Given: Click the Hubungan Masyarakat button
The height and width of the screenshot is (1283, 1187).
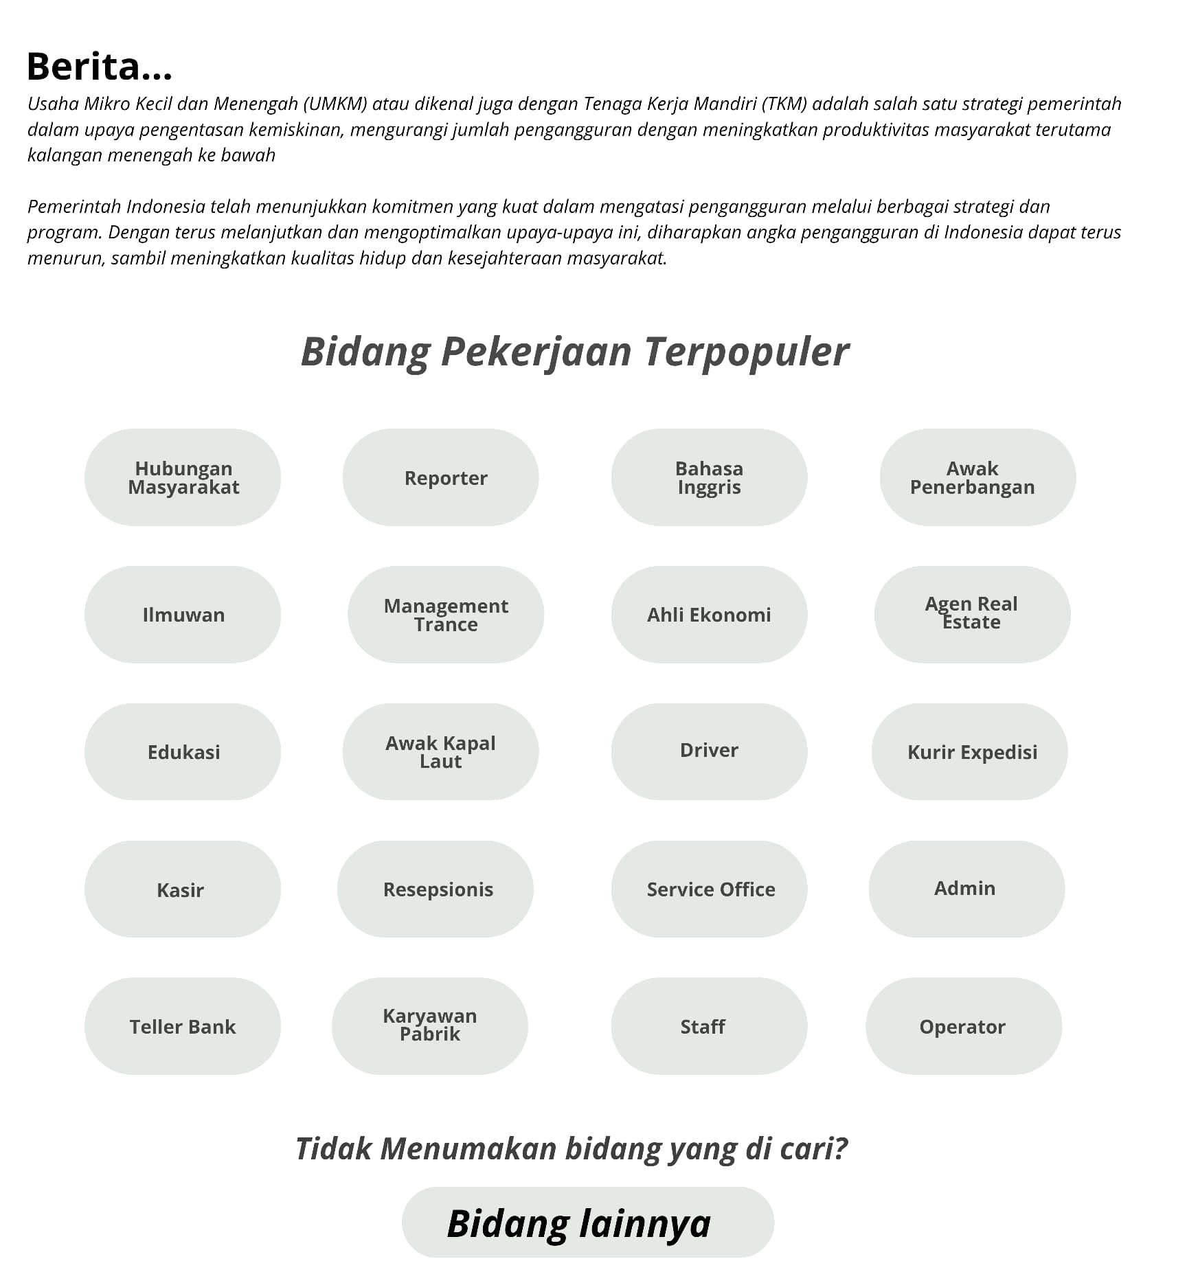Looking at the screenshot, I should click(183, 477).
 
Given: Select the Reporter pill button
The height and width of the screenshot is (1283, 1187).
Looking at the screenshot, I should click(440, 477).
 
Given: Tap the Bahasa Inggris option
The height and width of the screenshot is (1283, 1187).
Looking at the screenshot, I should click(709, 477).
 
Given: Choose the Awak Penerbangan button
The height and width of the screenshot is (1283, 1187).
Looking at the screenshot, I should click(977, 477).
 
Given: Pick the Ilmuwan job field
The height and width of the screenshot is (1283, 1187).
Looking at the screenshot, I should click(183, 615).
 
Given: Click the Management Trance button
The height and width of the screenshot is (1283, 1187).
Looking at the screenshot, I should click(446, 615).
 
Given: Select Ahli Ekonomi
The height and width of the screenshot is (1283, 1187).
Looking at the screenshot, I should click(709, 615).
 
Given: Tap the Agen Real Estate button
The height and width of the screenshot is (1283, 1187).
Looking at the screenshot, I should click(972, 615).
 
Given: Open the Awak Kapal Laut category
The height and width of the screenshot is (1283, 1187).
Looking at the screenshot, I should click(440, 752).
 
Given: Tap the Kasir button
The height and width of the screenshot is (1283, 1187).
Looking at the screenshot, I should click(183, 889).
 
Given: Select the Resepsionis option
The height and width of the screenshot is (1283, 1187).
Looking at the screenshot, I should click(435, 889).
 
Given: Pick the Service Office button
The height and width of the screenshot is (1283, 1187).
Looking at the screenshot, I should click(709, 889).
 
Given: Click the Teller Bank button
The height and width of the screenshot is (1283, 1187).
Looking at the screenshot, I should click(183, 1026).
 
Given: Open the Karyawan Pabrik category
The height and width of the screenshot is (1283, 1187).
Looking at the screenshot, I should click(429, 1026).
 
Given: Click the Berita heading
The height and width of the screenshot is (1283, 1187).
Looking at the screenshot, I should click(99, 67).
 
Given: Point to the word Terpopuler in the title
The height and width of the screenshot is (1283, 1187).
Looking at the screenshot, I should click(746, 352).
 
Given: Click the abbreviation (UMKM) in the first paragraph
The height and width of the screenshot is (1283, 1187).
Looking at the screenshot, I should click(335, 104).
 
